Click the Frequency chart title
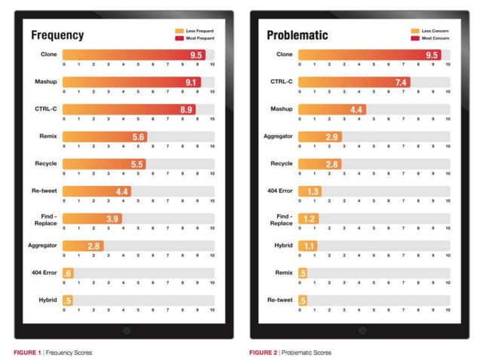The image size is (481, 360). [57, 35]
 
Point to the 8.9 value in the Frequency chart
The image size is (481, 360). [185, 110]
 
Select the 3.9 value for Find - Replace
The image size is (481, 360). [112, 218]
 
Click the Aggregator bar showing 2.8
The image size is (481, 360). [83, 246]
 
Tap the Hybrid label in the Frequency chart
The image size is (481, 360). [47, 300]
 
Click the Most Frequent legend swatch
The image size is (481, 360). [179, 38]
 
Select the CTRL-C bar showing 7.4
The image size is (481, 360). [355, 82]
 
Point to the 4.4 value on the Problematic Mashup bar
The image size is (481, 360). [357, 110]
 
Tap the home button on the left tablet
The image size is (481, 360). [127, 331]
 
